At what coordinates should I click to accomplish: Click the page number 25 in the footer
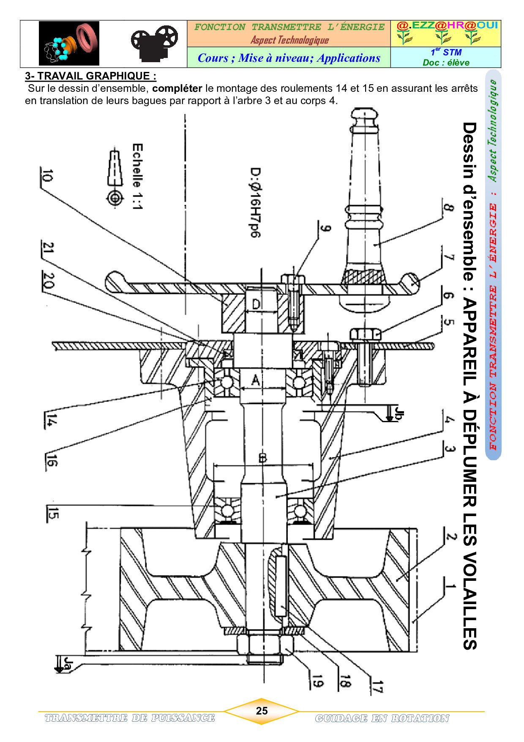coord(262,711)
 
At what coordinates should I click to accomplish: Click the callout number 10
coord(47,176)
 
